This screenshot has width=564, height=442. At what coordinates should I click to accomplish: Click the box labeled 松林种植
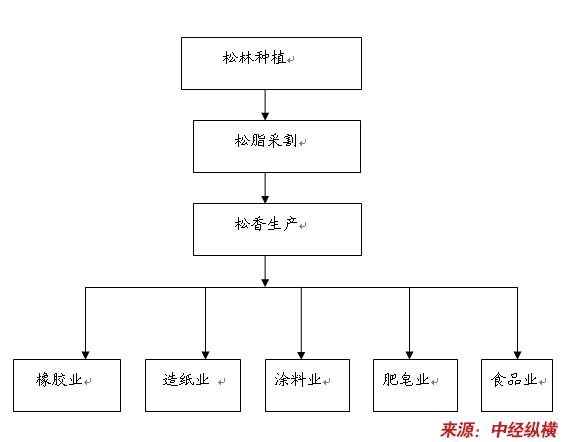tap(271, 63)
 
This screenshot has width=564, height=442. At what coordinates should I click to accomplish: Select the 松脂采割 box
tap(277, 146)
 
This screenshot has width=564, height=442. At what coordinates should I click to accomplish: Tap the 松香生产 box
tap(277, 229)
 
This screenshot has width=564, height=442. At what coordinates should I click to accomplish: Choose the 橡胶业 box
tap(67, 385)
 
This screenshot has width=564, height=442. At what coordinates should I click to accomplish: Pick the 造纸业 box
tap(193, 385)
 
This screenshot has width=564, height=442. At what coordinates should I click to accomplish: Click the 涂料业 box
tap(307, 385)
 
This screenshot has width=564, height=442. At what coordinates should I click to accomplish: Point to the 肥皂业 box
tap(415, 385)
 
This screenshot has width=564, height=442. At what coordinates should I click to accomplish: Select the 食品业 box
tap(517, 385)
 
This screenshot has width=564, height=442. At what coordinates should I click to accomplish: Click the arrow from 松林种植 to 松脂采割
tap(265, 105)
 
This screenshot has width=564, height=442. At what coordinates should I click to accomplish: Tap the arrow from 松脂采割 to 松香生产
tap(265, 188)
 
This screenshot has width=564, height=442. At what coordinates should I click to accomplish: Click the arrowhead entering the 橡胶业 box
tap(85, 355)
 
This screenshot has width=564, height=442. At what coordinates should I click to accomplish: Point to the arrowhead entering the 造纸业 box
tap(205, 355)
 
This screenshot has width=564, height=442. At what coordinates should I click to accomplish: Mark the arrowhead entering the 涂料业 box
tap(301, 355)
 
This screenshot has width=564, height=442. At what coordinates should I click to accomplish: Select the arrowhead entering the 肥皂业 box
tap(409, 355)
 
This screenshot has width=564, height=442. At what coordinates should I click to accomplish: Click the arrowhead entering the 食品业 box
tap(517, 355)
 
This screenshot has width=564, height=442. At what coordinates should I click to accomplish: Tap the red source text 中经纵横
tap(524, 430)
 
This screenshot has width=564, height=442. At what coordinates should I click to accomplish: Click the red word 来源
tap(456, 430)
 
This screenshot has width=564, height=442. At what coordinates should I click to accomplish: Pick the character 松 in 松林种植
tap(230, 58)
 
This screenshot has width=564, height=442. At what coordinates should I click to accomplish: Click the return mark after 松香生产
tap(303, 226)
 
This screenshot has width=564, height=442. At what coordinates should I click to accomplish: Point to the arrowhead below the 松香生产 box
tap(265, 283)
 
